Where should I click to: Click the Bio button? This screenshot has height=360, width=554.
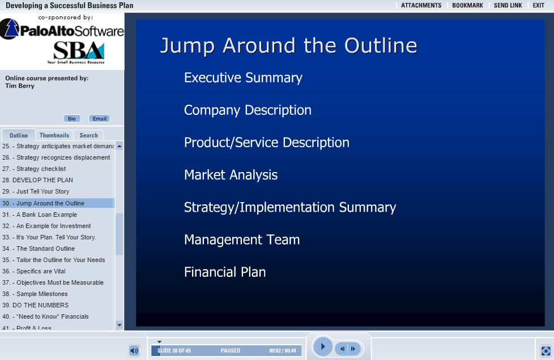(x=72, y=119)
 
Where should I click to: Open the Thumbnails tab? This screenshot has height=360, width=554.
(x=54, y=135)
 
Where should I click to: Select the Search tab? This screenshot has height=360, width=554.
(x=89, y=135)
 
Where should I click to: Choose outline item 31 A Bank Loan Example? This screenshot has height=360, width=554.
(x=40, y=215)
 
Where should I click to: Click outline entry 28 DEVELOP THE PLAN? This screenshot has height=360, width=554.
(x=37, y=180)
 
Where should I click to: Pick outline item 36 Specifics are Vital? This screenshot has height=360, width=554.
(x=34, y=271)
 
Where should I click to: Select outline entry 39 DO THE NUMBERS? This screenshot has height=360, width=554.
(x=35, y=305)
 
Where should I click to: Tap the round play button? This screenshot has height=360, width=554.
(x=322, y=346)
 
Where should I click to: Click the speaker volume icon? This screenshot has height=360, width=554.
(x=134, y=350)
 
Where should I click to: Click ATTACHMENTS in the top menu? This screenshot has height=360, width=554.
(x=421, y=5)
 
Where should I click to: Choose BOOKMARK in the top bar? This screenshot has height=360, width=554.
(x=467, y=5)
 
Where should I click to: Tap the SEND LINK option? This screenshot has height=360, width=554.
(x=508, y=5)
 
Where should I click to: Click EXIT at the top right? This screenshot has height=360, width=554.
(x=539, y=5)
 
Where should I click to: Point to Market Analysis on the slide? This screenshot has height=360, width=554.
(x=231, y=175)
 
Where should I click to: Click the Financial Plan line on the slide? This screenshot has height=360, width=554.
(x=225, y=272)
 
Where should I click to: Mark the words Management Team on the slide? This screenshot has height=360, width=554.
(x=242, y=239)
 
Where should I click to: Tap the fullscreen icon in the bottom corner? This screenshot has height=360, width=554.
(x=546, y=351)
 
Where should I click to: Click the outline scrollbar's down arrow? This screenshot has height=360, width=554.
(x=120, y=325)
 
